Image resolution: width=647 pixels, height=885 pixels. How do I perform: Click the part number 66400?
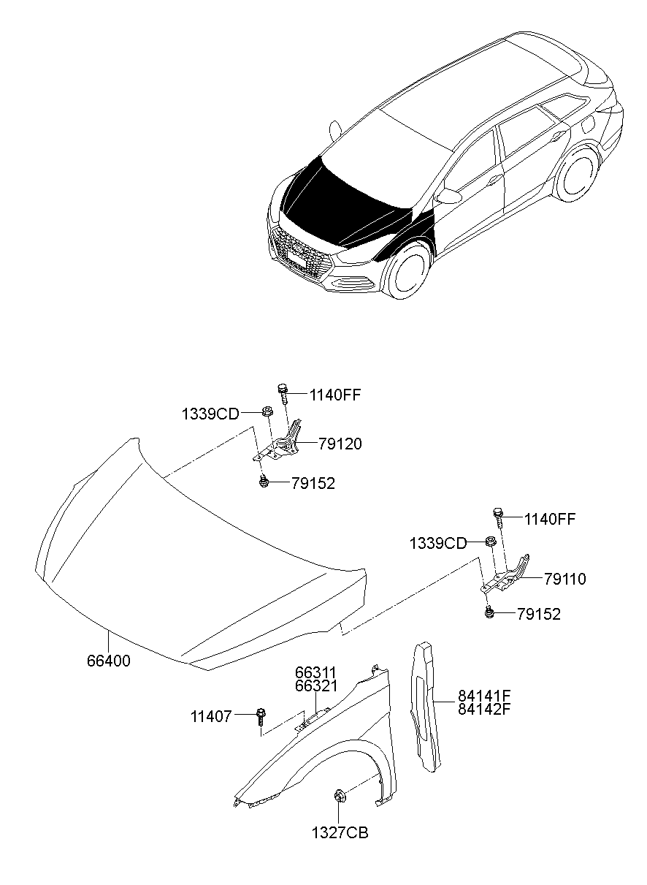click(x=109, y=661)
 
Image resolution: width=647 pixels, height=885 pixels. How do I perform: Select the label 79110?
click(x=564, y=579)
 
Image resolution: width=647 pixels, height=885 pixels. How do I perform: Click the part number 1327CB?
click(x=340, y=832)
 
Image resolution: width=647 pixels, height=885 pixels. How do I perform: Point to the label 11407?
click(x=211, y=717)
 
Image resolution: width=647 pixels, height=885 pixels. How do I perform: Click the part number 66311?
click(x=316, y=672)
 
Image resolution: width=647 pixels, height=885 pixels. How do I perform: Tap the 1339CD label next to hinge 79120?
click(x=210, y=414)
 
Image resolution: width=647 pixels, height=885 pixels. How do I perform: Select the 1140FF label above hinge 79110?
click(x=550, y=520)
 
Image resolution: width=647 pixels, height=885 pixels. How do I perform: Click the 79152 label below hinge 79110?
click(x=538, y=615)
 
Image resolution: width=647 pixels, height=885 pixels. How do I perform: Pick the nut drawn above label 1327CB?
click(x=340, y=795)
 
